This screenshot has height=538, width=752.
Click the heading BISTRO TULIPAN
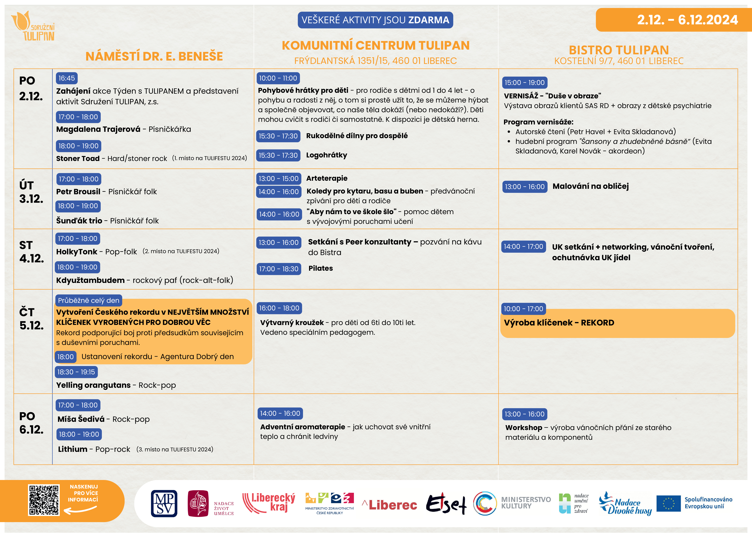[619, 50]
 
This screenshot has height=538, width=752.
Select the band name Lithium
[73, 449]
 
